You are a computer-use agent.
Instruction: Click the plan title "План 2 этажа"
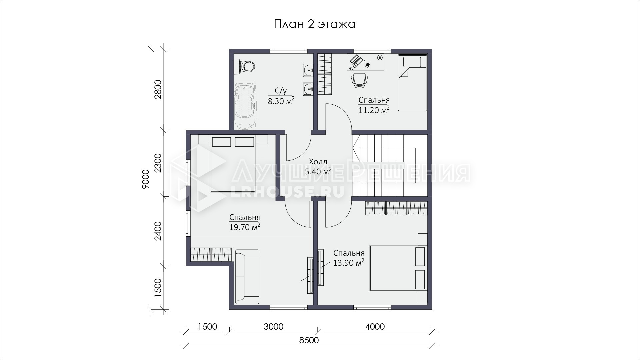pyautogui.click(x=314, y=24)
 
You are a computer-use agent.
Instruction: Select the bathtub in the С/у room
pyautogui.click(x=245, y=106)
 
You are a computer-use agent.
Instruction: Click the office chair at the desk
pyautogui.click(x=360, y=80)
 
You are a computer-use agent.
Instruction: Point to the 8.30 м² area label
pyautogui.click(x=281, y=101)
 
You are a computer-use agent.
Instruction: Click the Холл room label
pyautogui.click(x=318, y=162)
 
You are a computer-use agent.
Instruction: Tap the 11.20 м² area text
pyautogui.click(x=374, y=110)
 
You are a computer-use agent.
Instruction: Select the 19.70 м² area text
pyautogui.click(x=245, y=227)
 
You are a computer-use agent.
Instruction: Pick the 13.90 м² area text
pyautogui.click(x=349, y=263)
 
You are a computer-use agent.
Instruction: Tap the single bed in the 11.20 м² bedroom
pyautogui.click(x=412, y=83)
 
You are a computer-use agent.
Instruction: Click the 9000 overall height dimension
pyautogui.click(x=145, y=179)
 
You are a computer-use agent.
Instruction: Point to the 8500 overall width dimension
pyautogui.click(x=309, y=340)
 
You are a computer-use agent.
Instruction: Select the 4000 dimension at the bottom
pyautogui.click(x=375, y=326)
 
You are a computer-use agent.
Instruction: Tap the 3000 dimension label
pyautogui.click(x=274, y=326)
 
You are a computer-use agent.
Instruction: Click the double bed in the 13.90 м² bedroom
pyautogui.click(x=398, y=268)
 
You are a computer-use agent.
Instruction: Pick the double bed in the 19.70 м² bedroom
pyautogui.click(x=233, y=163)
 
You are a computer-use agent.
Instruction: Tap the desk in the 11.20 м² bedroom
pyautogui.click(x=366, y=62)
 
